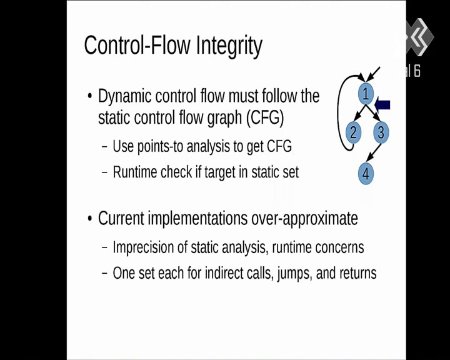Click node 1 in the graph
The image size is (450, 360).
coord(366,94)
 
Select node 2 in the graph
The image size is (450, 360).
coord(353,132)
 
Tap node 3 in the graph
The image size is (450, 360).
coord(381,132)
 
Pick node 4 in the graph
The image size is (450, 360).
coord(366,173)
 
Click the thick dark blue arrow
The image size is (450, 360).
coord(382,105)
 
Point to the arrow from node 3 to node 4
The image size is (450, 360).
coord(374,152)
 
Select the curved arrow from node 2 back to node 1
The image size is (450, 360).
coord(339,112)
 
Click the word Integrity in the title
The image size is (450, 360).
coord(229,46)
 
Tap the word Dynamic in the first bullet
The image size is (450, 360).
coord(124,96)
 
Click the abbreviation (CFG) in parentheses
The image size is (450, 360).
coord(265,117)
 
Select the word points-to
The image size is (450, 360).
coord(160,146)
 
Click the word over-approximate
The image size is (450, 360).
coord(305,219)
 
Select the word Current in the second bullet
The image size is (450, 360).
coord(121,218)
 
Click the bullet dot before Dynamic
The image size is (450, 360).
coord(90,96)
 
